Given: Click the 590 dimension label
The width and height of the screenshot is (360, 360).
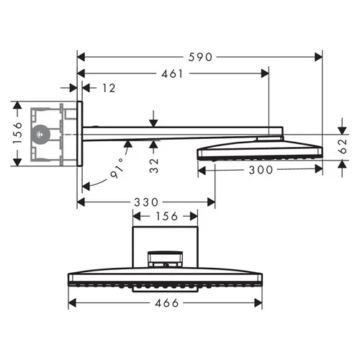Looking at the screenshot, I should click(199, 57).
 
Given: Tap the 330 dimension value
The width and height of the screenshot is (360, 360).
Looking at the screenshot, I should click(147, 202).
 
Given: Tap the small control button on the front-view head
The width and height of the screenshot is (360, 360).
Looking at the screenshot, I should click(166, 257).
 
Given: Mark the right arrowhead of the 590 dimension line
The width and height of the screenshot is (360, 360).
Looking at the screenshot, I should click(319, 56).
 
